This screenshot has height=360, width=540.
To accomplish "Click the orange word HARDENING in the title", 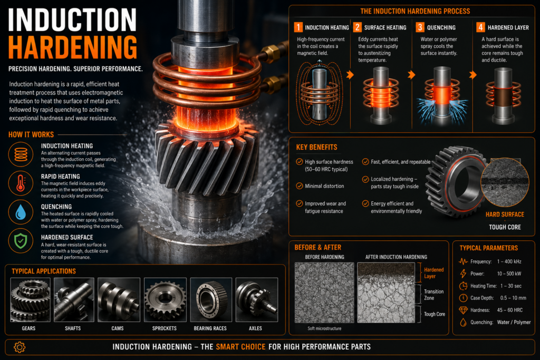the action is (73, 47).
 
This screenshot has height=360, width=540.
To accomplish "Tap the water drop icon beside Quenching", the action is (21, 212).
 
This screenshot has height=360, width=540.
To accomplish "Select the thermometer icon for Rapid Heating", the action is (21, 183).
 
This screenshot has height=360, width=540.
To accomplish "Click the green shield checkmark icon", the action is (21, 241).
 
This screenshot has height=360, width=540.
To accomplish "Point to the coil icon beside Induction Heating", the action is (21, 154).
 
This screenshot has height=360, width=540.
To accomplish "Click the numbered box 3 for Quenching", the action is (420, 27).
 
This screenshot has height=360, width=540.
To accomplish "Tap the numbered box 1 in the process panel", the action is (298, 27).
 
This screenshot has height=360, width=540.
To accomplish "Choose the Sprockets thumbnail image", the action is (165, 300).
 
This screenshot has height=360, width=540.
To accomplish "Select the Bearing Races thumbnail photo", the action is (211, 300).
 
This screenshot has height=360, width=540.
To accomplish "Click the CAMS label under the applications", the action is (118, 328).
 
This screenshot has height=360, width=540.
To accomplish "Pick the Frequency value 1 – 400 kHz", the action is (509, 261).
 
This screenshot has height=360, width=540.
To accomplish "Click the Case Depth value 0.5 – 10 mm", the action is (513, 298).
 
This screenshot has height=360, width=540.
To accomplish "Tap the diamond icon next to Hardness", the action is (463, 310).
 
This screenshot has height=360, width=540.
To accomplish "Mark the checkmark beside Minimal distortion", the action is (300, 186).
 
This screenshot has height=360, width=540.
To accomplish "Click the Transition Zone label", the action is (433, 295).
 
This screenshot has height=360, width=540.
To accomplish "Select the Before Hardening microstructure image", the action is (324, 293).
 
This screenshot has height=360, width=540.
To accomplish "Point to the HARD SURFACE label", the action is (505, 215).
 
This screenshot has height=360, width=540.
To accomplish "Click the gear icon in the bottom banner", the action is (20, 347).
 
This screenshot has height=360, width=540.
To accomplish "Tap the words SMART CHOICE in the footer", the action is (240, 347).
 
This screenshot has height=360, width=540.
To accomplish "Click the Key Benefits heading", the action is (316, 147).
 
